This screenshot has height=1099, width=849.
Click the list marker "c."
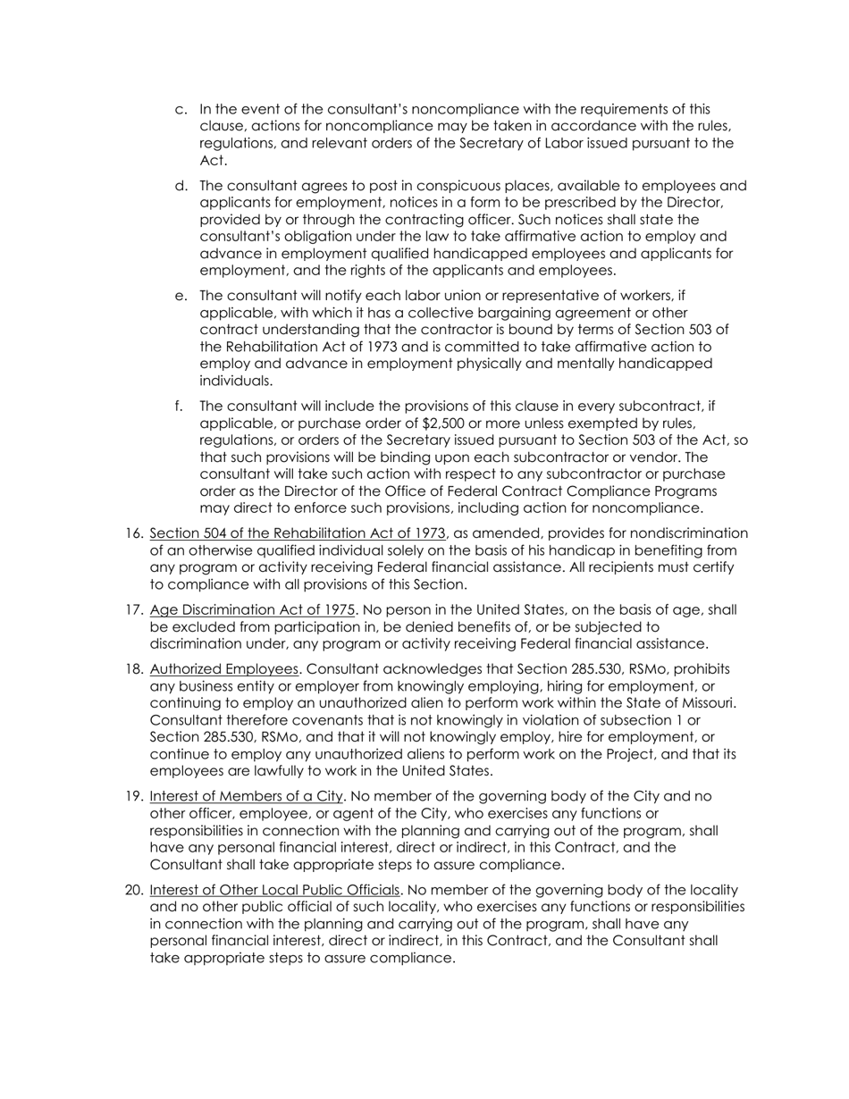pyautogui.click(x=181, y=109)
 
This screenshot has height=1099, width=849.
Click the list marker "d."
pyautogui.click(x=181, y=186)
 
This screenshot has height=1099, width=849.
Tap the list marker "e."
pyautogui.click(x=181, y=296)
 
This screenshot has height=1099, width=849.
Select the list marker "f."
pyautogui.click(x=179, y=407)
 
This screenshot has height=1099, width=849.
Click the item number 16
pyautogui.click(x=134, y=533)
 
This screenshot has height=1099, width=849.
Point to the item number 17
pyautogui.click(x=134, y=610)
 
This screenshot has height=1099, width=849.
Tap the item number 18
pyautogui.click(x=134, y=669)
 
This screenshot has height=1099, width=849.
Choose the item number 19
pyautogui.click(x=134, y=796)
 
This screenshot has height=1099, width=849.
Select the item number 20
pyautogui.click(x=134, y=891)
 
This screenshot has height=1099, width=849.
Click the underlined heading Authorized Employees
pyautogui.click(x=223, y=669)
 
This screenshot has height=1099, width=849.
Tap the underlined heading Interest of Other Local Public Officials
pyautogui.click(x=274, y=891)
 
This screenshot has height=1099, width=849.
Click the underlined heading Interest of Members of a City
pyautogui.click(x=247, y=796)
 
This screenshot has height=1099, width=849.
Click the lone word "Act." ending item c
pyautogui.click(x=214, y=161)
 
